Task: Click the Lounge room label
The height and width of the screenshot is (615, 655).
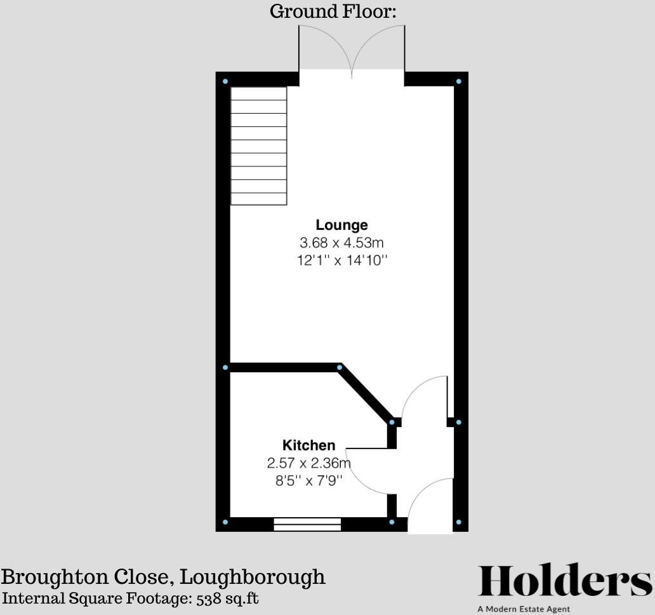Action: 341,225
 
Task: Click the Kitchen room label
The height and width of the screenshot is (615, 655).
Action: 308,445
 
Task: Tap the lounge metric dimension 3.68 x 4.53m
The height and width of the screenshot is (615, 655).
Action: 341,243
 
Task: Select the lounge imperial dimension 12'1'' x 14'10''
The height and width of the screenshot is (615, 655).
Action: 342,260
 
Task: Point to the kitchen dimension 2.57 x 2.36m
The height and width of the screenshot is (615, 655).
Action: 309,463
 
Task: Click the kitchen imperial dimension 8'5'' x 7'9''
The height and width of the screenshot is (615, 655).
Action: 309,480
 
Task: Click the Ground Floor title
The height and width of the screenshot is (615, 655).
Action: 333,11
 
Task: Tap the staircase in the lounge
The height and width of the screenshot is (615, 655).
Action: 258,146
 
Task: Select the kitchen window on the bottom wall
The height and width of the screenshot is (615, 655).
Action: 307,524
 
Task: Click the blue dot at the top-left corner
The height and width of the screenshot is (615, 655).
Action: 225,81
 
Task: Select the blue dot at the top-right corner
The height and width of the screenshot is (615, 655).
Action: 459,81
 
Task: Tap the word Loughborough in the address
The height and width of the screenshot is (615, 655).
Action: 252,577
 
